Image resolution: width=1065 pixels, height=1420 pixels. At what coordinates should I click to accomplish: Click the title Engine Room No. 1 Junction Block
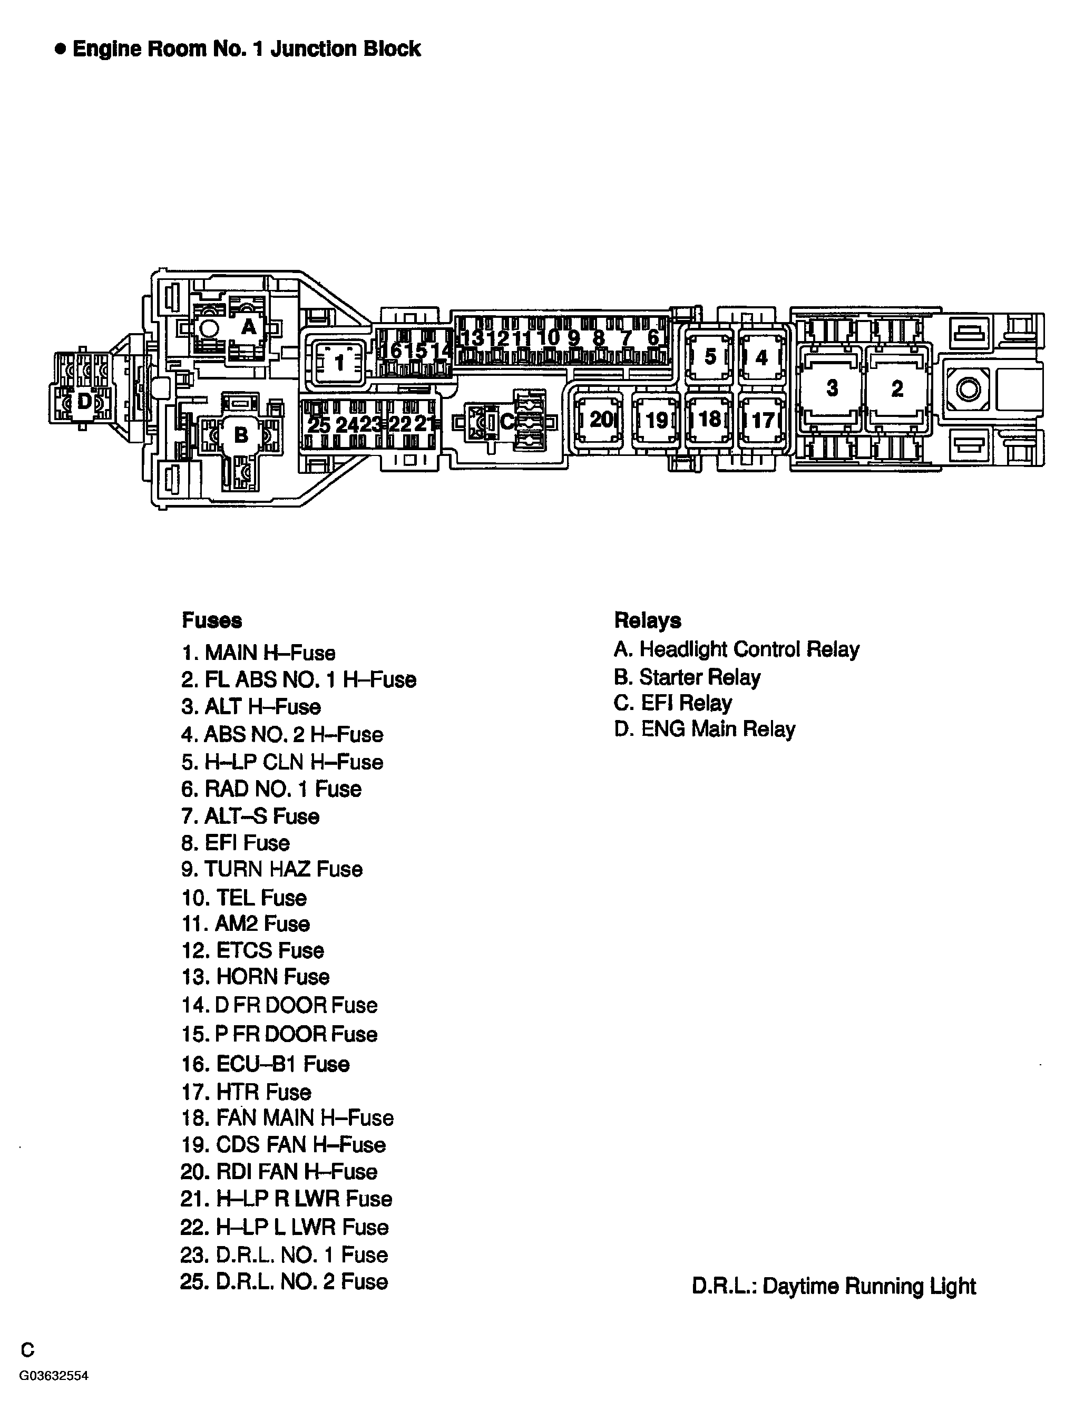(246, 49)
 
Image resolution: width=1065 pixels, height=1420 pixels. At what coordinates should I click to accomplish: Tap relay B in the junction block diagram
(241, 435)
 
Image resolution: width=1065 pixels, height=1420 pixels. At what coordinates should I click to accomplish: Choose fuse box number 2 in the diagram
(897, 388)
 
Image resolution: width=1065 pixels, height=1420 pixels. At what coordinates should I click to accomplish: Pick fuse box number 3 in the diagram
(832, 388)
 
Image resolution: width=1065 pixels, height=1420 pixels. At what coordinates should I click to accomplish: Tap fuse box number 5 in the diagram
(709, 356)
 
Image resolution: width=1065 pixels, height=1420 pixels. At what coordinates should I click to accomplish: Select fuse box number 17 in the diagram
(762, 421)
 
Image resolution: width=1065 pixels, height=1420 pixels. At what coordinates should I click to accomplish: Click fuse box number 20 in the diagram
(600, 420)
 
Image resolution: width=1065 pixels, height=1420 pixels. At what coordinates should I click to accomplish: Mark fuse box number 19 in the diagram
(656, 421)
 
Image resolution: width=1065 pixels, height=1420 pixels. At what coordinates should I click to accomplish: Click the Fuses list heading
(212, 621)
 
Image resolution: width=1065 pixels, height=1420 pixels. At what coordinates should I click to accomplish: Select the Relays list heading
(647, 621)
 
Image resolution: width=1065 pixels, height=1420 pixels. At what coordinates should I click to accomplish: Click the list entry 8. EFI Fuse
(235, 843)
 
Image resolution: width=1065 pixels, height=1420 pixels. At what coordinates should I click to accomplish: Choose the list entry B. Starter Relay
(687, 677)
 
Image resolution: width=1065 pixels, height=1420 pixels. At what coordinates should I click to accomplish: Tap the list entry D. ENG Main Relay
(704, 730)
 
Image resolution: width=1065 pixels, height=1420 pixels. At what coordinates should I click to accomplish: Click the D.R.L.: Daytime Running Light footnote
(833, 1287)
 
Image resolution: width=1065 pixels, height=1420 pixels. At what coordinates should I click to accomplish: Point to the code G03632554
(53, 1376)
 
